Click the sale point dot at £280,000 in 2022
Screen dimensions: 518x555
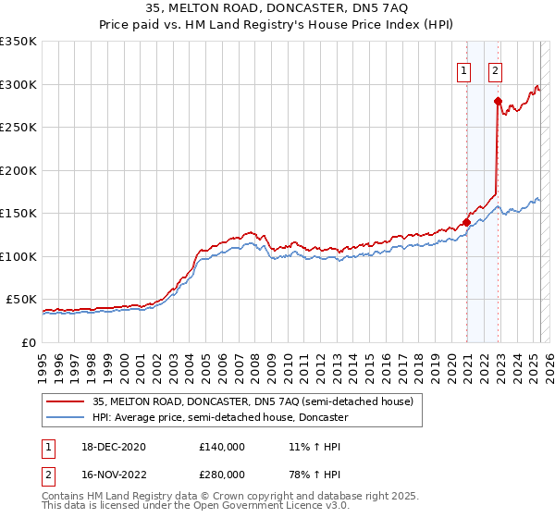[x=498, y=102]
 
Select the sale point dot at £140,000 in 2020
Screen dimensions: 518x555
[x=467, y=222]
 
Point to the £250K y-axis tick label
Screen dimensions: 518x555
[x=18, y=128]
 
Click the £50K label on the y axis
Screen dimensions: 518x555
[x=22, y=300]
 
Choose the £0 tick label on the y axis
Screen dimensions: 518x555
[x=29, y=342]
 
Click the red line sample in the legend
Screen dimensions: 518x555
[x=67, y=401]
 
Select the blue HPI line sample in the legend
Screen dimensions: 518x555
[x=67, y=417]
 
